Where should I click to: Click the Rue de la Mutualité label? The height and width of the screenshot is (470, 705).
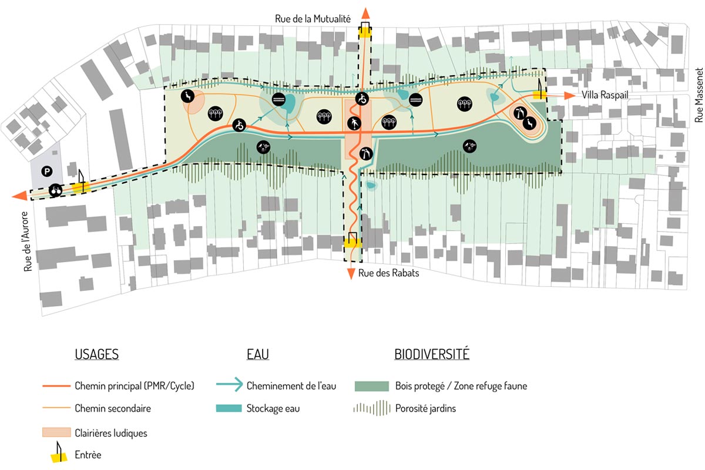point(313,19)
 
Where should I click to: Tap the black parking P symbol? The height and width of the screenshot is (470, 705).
point(46,171)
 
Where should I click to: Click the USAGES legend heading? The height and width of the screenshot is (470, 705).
point(97,354)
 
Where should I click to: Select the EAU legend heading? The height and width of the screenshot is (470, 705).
point(257,354)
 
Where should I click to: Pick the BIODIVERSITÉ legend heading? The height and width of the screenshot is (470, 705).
point(432,354)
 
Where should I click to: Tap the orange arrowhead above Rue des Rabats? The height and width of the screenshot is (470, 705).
point(351,273)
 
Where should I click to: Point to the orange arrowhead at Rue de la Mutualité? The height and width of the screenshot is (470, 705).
point(365,14)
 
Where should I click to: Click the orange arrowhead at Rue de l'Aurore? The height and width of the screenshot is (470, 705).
point(19,196)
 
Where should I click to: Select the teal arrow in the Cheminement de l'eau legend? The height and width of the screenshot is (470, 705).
point(229,386)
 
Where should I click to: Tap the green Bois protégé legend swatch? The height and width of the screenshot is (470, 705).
point(372,386)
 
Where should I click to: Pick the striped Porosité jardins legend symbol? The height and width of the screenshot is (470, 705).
point(372,408)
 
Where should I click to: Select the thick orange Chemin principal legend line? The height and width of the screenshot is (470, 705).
point(57,386)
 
